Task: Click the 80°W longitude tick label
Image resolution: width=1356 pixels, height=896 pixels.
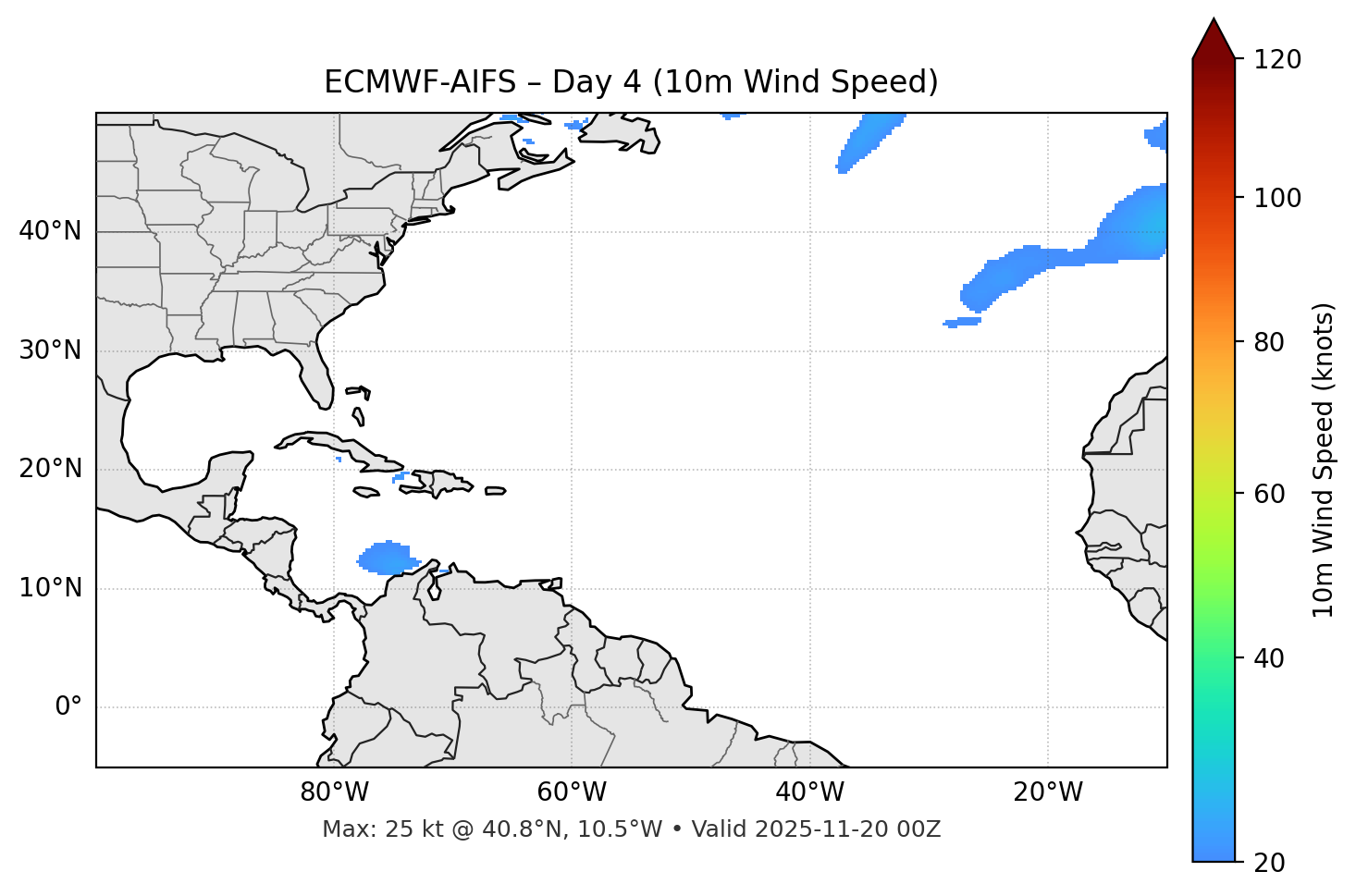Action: [x=334, y=792]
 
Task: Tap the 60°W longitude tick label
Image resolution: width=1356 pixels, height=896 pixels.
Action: [x=572, y=792]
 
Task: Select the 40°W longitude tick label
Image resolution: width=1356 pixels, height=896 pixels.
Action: [x=809, y=792]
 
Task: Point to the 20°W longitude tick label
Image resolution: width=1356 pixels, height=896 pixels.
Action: [x=1047, y=792]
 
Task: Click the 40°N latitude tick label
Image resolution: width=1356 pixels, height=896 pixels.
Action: [x=50, y=231]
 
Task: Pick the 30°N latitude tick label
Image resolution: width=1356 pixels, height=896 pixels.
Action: [x=50, y=350]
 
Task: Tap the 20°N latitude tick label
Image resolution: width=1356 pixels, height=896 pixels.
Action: [x=50, y=469]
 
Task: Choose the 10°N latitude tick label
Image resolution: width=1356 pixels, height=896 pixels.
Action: [x=50, y=588]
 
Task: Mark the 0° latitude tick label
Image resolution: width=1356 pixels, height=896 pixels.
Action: [x=68, y=707]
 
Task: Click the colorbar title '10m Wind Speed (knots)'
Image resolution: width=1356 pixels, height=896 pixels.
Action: [x=1324, y=460]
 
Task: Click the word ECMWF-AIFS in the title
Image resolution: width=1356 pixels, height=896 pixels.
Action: [x=420, y=82]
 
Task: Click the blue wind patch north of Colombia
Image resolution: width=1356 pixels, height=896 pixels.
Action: [x=386, y=558]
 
